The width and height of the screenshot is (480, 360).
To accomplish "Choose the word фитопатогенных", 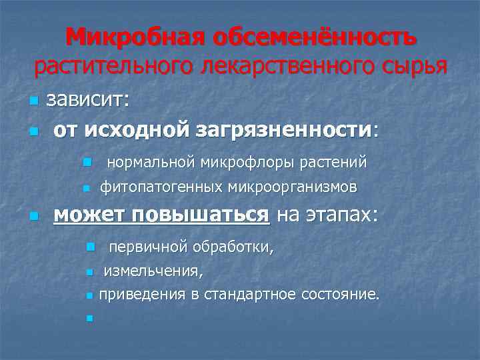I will coord(161,188).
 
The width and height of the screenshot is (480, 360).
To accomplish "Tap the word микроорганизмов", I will coord(293,188).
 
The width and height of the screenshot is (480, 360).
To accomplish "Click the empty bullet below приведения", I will coord(88,317).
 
